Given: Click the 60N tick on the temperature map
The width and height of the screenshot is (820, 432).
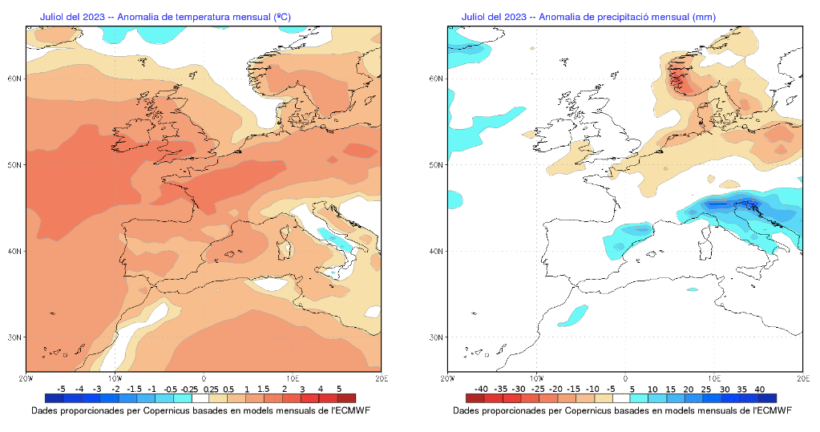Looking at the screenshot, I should pyautogui.click(x=13, y=79).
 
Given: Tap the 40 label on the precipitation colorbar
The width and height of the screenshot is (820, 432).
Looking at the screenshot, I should pyautogui.click(x=759, y=389).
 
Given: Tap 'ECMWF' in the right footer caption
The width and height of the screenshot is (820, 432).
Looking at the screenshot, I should pyautogui.click(x=774, y=410).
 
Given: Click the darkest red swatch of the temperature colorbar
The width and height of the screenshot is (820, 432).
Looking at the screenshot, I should pyautogui.click(x=346, y=398).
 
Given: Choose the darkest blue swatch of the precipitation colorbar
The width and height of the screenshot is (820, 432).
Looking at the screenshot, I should pyautogui.click(x=768, y=398).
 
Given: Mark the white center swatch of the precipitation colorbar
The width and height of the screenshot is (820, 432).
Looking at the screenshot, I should pyautogui.click(x=621, y=398).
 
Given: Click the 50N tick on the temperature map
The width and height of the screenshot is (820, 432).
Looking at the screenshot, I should pyautogui.click(x=13, y=165).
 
